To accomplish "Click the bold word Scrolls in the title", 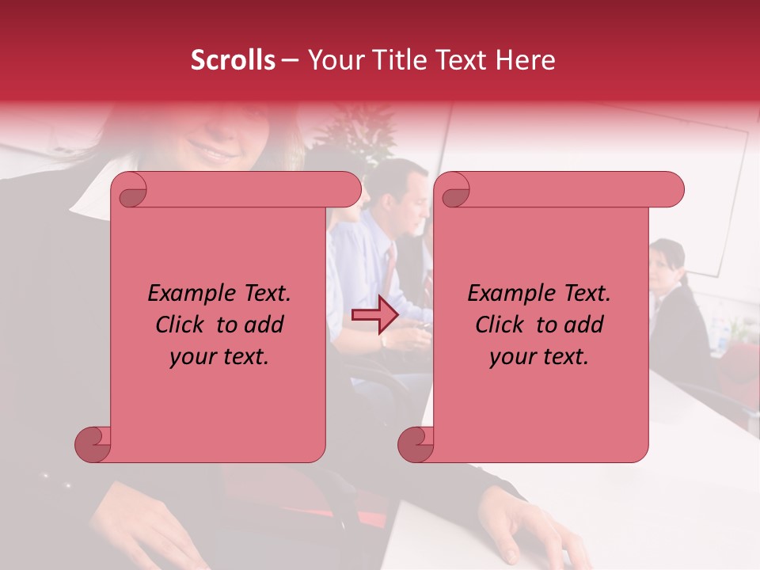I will (233, 60).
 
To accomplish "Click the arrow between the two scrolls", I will (374, 315).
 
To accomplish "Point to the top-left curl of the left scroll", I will (129, 191).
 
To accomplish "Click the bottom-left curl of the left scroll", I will (93, 444).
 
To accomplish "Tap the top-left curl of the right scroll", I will (452, 191).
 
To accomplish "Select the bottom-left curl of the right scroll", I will (416, 444).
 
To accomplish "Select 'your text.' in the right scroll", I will (539, 356).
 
